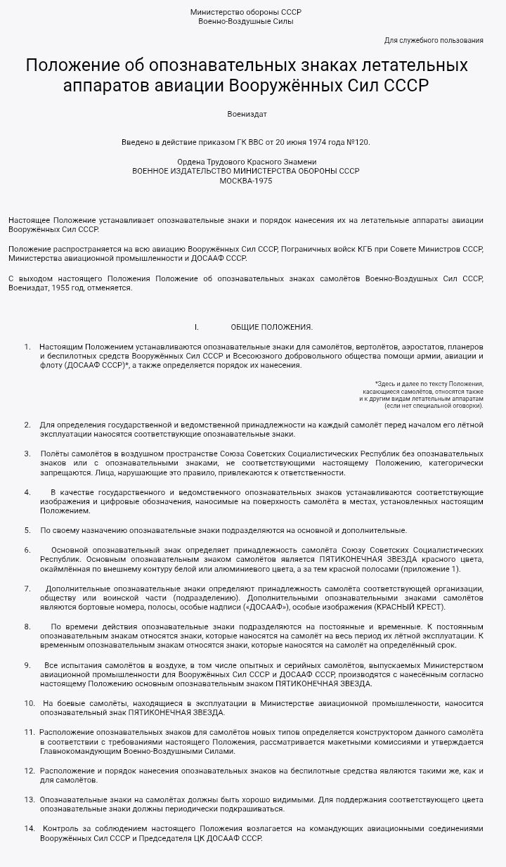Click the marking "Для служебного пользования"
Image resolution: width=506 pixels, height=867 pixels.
click(434, 40)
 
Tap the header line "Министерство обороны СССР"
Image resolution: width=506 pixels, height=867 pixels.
click(246, 12)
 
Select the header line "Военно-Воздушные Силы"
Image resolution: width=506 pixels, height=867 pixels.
click(246, 21)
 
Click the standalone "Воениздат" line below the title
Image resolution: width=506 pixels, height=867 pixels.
click(247, 114)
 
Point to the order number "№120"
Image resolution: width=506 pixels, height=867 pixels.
click(358, 142)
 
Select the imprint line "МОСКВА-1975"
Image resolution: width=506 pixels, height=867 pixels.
click(246, 181)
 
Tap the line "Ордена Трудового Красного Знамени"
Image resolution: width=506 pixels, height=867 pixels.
click(246, 162)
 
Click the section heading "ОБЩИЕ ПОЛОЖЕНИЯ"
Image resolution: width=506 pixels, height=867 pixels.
click(271, 327)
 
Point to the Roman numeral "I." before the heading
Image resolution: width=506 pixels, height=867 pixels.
click(197, 327)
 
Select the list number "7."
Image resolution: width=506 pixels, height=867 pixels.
click(27, 588)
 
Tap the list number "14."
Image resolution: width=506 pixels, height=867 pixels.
click(30, 828)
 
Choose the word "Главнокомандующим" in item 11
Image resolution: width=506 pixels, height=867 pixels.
click(77, 751)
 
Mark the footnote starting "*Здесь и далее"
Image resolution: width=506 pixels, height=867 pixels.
click(429, 384)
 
